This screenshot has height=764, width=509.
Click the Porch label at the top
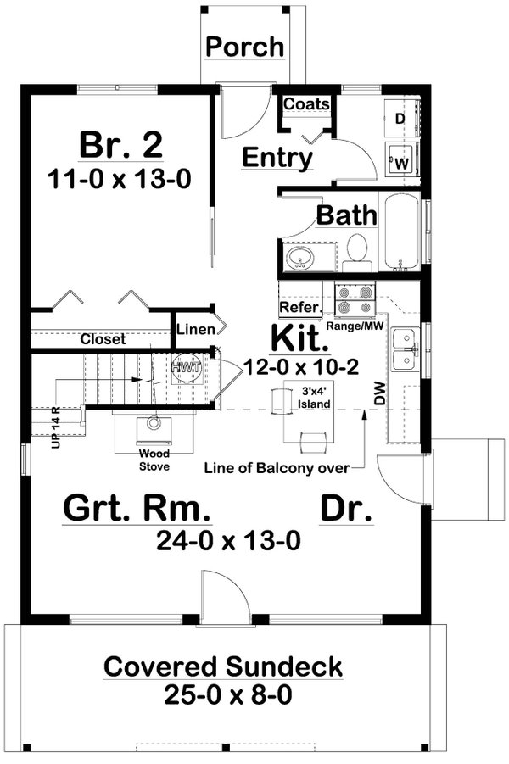pos(245,47)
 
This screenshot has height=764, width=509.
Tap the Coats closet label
pos(306,103)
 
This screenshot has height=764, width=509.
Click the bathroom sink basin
pos(299,257)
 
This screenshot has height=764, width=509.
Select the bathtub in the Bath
pos(400,232)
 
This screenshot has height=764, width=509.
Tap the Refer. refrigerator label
pos(299,307)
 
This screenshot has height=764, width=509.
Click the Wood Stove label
pos(154,460)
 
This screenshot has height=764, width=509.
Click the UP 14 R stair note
pos(55,428)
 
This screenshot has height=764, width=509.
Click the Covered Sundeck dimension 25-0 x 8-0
pos(223,695)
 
